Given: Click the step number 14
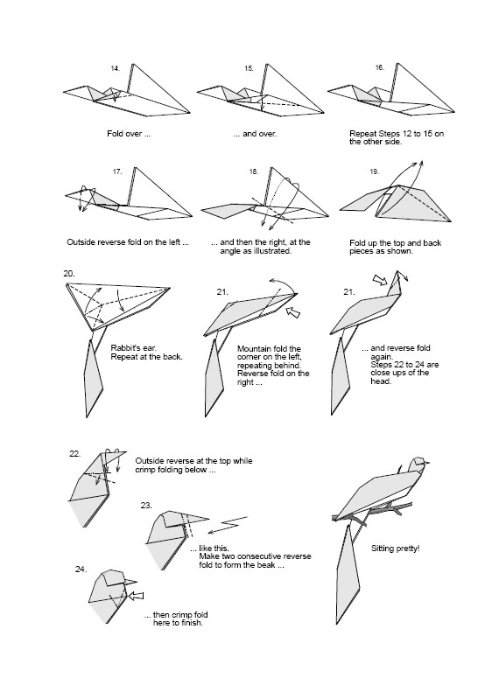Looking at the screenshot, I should coord(115,67).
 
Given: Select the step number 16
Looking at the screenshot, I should coord(379,67).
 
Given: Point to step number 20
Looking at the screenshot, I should coord(69,274).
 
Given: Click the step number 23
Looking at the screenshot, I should coord(145,505).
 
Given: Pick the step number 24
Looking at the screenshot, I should coord(81,569).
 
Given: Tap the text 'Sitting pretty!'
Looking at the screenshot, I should coord(395,549).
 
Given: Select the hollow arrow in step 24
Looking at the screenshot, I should coord(137,595).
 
